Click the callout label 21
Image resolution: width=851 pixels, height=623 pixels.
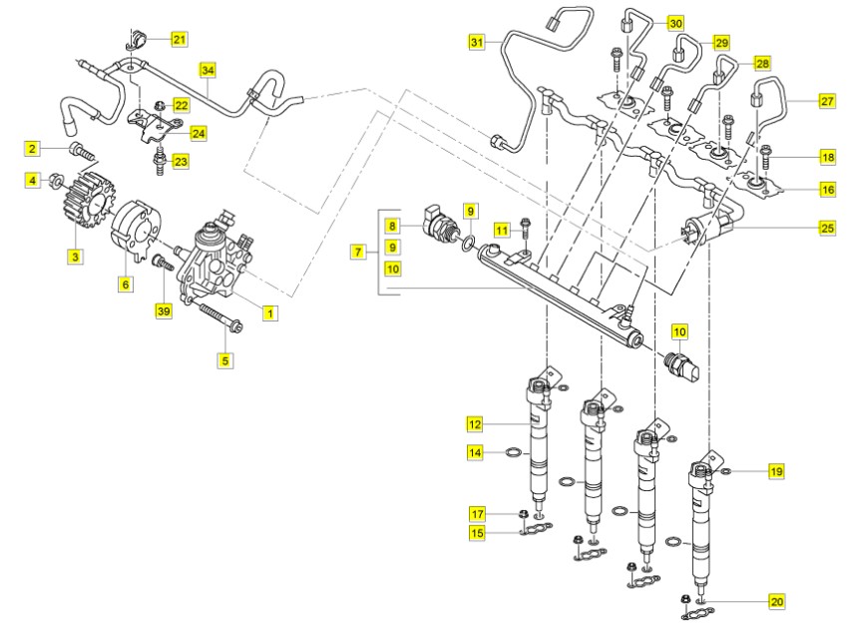180,39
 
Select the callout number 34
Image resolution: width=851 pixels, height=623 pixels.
208,71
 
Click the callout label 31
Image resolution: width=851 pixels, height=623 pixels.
478,41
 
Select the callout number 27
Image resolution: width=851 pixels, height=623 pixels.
827,101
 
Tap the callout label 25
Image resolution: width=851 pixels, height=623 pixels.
827,229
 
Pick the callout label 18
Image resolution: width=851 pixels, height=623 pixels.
827,158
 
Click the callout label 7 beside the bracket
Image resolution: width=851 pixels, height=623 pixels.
357,253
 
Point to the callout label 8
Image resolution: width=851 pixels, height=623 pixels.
393,226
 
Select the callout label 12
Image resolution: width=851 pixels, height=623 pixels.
477,425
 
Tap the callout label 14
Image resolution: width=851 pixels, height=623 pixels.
477,453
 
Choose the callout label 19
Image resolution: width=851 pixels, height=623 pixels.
776,469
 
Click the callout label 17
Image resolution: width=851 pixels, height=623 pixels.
477,513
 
